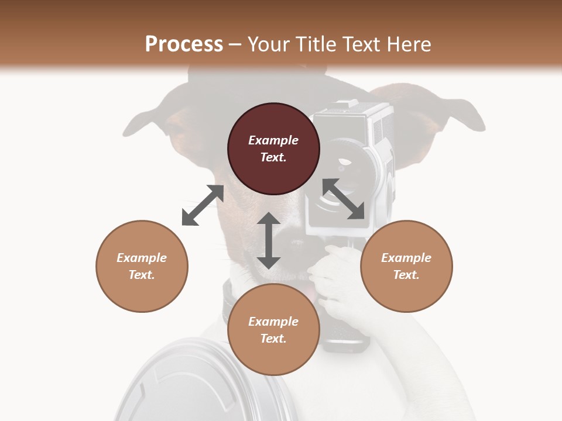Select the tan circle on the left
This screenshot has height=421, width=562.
tap(142, 266)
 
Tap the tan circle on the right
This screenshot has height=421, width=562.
tap(406, 266)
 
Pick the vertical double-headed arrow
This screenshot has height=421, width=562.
tap(269, 241)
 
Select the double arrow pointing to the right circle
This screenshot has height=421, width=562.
tap(344, 199)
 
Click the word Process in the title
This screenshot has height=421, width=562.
tap(184, 44)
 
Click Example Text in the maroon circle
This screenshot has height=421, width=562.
tap(273, 149)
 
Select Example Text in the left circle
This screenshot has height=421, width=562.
tap(142, 266)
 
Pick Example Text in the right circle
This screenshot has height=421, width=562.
tap(406, 266)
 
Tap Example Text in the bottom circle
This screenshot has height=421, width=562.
tap(273, 330)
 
